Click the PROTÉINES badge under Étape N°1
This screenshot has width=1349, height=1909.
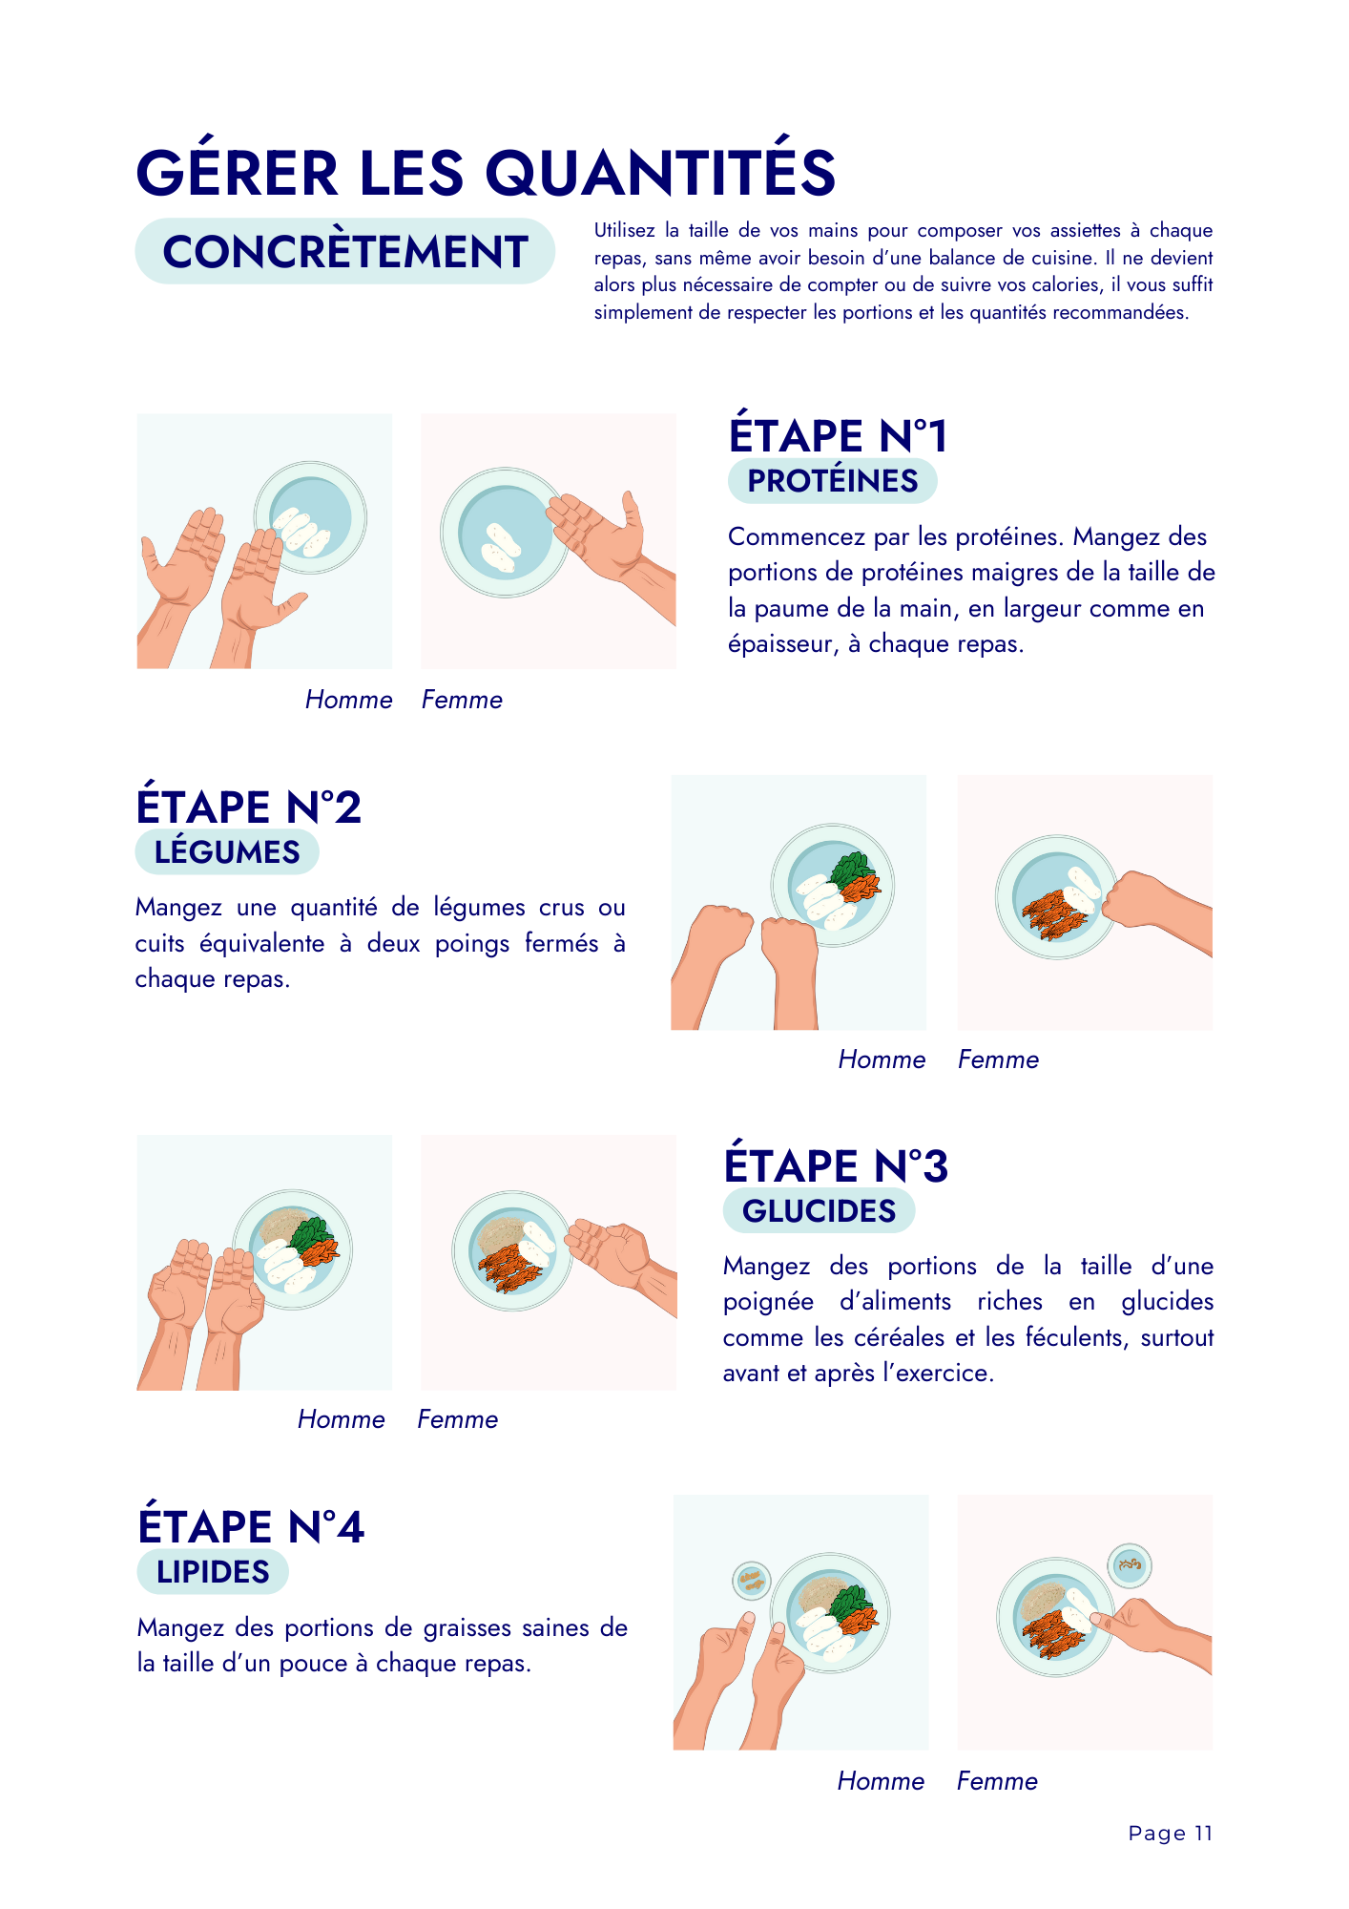click(x=832, y=481)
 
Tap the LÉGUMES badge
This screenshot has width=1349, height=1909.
click(x=227, y=851)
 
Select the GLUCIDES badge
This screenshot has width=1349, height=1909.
click(x=819, y=1210)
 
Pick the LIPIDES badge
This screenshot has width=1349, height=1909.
click(x=213, y=1571)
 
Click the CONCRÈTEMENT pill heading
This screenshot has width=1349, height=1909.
click(x=344, y=252)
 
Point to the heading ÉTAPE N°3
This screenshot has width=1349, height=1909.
click(x=836, y=1165)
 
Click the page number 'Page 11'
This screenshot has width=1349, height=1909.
click(x=1170, y=1833)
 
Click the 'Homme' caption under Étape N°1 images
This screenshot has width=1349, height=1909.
click(x=348, y=700)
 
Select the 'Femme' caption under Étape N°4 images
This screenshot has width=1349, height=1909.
click(x=997, y=1781)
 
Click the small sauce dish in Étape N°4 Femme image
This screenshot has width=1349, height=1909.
click(x=1130, y=1565)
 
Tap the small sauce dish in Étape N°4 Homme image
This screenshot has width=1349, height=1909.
click(x=752, y=1581)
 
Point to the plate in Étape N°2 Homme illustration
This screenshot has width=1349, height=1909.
click(x=832, y=885)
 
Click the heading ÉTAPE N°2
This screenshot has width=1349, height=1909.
click(x=248, y=807)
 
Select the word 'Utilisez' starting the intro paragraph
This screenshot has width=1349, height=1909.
click(x=624, y=230)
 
